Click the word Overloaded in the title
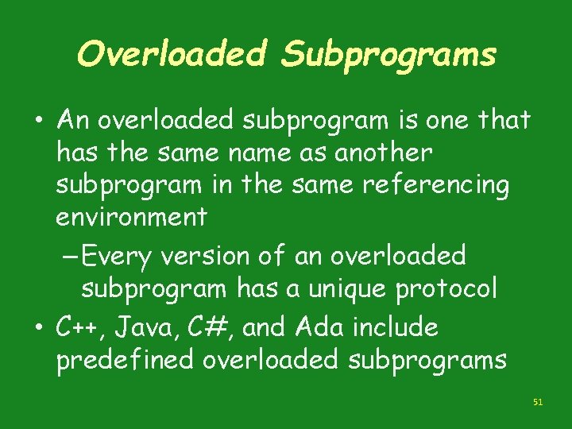pyautogui.click(x=171, y=54)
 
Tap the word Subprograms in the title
pyautogui.click(x=388, y=54)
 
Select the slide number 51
pyautogui.click(x=538, y=403)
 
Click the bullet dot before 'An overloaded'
pyautogui.click(x=38, y=122)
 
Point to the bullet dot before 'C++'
pyautogui.click(x=38, y=327)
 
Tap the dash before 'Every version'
pyautogui.click(x=69, y=257)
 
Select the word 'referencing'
pyautogui.click(x=435, y=184)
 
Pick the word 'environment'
pyautogui.click(x=132, y=215)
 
